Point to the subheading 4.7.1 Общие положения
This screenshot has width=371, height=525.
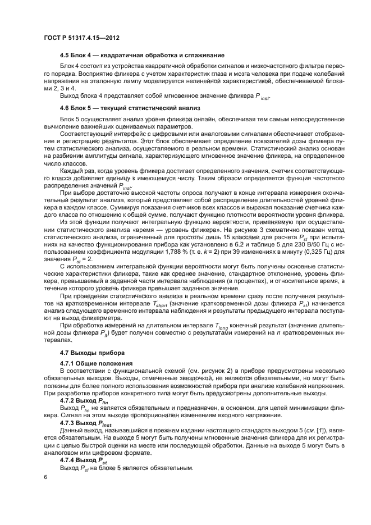coord(96,363)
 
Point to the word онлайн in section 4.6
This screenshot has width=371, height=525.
coord(176,119)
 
